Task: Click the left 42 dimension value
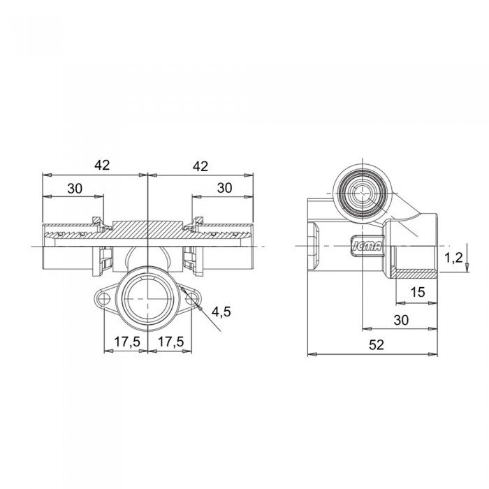tap(102, 165)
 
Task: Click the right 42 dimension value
tap(200, 166)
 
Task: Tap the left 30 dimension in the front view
tap(75, 189)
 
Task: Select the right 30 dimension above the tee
tap(224, 188)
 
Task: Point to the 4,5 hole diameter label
tap(221, 312)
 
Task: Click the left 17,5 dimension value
tap(127, 342)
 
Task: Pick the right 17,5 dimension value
tap(170, 342)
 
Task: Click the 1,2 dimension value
tap(453, 258)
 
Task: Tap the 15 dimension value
tap(418, 292)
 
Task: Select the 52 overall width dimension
tap(377, 345)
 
